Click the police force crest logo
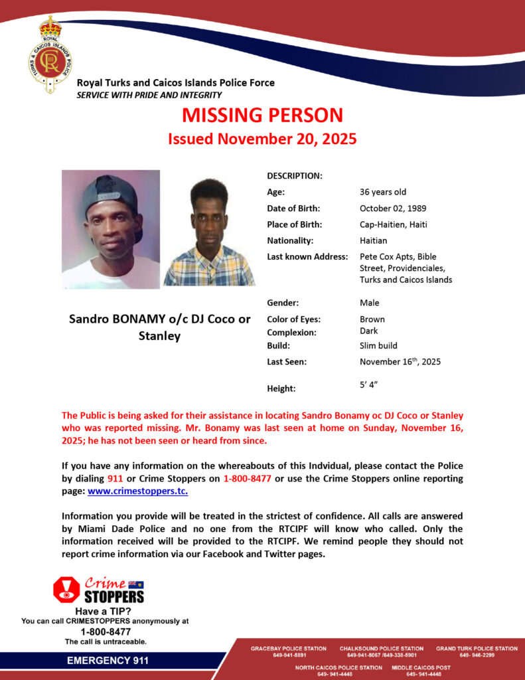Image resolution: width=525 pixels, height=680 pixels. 50,55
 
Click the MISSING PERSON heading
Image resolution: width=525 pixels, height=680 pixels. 262,115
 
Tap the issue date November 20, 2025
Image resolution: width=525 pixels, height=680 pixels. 262,139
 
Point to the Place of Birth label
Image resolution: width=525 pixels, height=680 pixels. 294,224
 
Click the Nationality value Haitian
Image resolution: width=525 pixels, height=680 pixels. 373,240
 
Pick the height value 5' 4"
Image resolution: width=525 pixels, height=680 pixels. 369,384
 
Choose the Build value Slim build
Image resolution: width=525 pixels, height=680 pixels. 378,346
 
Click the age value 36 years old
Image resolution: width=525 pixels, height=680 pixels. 383,192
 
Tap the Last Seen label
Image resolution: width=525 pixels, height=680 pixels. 286,362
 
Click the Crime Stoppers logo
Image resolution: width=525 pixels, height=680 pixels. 98,590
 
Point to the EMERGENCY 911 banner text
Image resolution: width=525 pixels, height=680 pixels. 108,661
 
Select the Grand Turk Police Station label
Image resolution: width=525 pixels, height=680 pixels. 477,648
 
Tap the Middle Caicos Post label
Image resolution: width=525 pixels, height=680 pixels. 421,667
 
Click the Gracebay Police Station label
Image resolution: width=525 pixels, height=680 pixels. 288,648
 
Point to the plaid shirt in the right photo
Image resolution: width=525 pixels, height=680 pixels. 209,269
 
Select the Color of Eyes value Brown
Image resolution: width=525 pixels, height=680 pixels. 372,319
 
